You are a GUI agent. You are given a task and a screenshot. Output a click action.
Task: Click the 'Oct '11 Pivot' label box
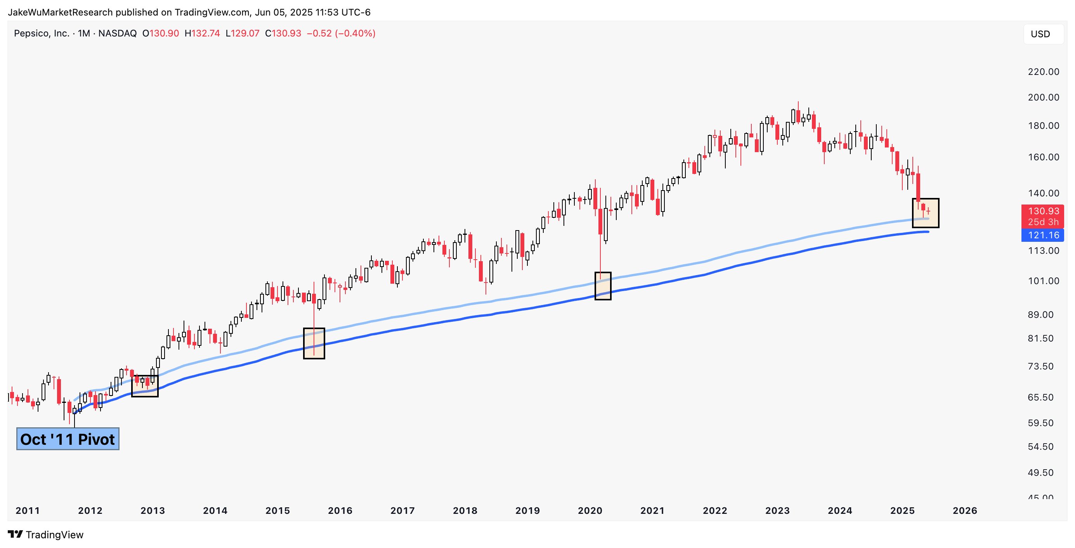[x=68, y=439]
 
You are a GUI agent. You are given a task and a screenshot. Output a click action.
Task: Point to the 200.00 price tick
[x=1043, y=97]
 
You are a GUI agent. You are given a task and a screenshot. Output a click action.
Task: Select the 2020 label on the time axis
[x=590, y=510]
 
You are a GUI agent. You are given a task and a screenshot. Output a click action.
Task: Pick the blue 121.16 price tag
[x=1042, y=235]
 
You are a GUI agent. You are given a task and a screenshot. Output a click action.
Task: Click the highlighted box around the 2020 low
[x=603, y=286]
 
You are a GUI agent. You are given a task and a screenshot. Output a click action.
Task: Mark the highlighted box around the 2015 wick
[x=314, y=343]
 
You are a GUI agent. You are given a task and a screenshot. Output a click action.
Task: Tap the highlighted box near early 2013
[x=145, y=386]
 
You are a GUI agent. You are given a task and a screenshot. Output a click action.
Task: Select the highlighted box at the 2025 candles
[x=926, y=213]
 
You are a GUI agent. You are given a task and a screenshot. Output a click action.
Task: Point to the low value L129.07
[x=243, y=33]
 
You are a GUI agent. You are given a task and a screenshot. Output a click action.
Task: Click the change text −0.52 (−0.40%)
[x=341, y=33]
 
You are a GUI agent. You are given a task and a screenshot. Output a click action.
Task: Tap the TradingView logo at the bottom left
[x=46, y=535]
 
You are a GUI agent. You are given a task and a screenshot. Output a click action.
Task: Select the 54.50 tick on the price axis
[x=1043, y=447]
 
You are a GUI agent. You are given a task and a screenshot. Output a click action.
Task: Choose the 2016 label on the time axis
[x=340, y=510]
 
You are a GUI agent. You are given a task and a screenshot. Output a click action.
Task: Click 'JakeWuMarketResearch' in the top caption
[x=61, y=12]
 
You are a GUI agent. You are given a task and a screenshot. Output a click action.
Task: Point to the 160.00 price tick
[x=1043, y=157]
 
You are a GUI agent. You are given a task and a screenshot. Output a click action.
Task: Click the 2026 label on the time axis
[x=965, y=510]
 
